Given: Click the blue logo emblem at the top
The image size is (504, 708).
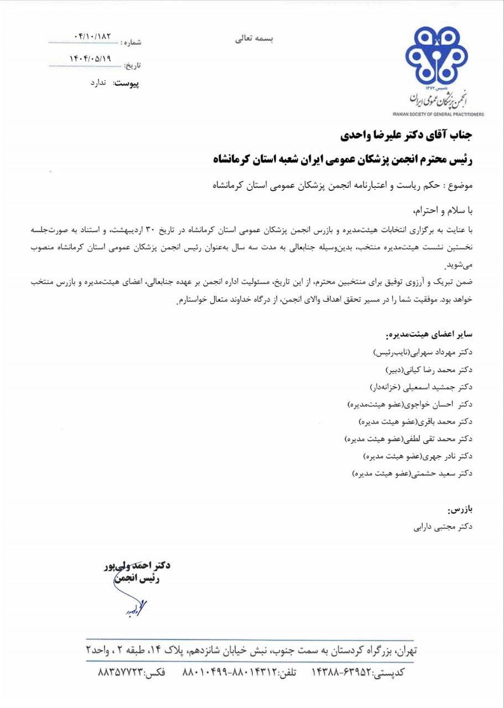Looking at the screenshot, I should point(436,58).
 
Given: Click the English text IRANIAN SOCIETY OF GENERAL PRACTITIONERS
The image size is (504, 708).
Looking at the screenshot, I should point(438,114).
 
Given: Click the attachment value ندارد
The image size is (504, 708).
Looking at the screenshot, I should point(101,82).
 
